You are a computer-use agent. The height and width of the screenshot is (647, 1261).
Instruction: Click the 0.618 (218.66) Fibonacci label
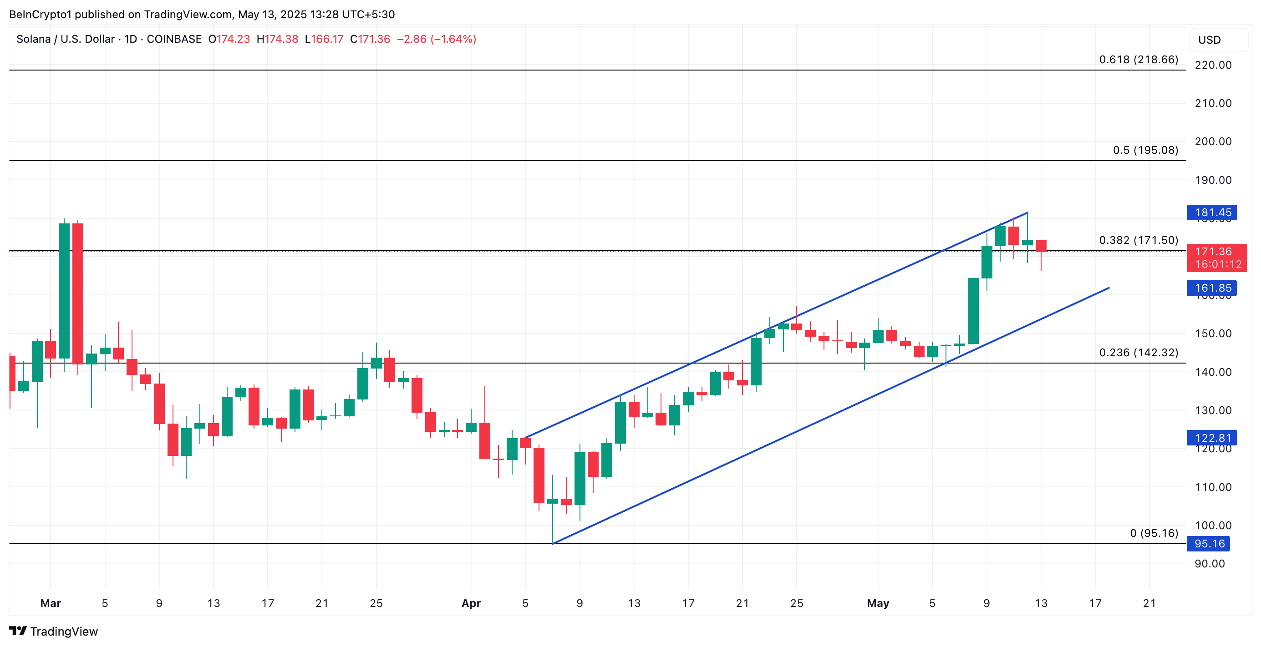(1138, 60)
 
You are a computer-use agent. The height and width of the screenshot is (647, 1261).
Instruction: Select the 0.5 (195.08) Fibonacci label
(1145, 150)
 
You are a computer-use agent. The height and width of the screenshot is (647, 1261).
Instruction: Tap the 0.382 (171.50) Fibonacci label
(1138, 240)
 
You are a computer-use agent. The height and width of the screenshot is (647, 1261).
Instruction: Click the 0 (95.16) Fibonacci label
(1153, 533)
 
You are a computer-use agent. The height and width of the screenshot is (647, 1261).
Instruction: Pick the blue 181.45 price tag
(1212, 212)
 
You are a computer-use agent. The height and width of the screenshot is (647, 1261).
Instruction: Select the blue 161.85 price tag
(1212, 288)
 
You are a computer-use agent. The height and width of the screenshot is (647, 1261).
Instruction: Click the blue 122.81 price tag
(1212, 438)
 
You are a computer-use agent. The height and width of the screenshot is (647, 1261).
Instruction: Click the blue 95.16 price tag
(1209, 543)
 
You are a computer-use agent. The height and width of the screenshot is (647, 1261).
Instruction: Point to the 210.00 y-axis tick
(1213, 103)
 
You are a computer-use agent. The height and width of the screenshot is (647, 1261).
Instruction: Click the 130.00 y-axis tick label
(1213, 410)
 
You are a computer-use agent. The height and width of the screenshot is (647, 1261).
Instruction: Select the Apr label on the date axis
(471, 603)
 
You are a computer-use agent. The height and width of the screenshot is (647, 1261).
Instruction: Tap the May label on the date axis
(877, 603)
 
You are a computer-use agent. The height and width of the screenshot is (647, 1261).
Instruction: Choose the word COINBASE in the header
(174, 39)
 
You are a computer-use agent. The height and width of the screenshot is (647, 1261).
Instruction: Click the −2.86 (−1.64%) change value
(436, 39)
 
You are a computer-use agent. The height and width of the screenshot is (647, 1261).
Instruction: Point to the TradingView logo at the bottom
(53, 632)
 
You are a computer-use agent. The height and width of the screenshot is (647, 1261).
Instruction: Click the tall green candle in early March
(64, 291)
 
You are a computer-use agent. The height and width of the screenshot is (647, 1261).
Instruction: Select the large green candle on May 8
(973, 311)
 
